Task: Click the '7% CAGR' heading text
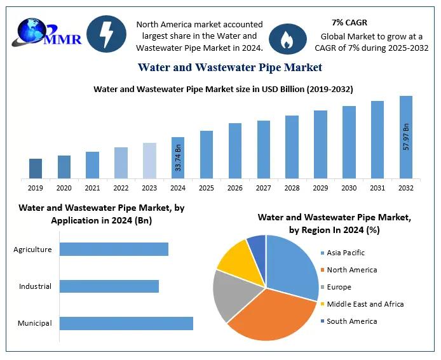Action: coord(349,23)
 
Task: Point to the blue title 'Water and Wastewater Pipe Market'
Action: coord(230,67)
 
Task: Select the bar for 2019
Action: coord(36,168)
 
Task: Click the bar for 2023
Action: coord(149,161)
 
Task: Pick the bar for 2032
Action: coord(405,137)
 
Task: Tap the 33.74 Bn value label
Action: coord(179,158)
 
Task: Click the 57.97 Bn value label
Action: coord(406,136)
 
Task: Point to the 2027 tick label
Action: coord(263,188)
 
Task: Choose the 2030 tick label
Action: coord(349,188)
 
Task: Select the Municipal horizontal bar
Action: coord(126,323)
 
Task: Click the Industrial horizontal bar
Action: coord(109,286)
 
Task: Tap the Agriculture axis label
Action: coord(32,250)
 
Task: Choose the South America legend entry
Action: coord(351,321)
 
